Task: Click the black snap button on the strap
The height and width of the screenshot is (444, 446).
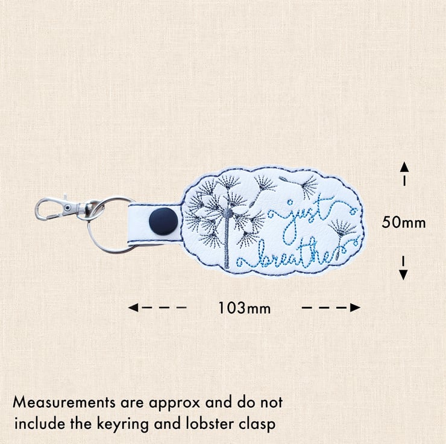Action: coord(163,221)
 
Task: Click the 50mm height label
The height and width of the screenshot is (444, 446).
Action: coord(404,222)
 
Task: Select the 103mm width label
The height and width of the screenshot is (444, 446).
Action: coord(244,308)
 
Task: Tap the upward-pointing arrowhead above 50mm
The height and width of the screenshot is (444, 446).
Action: coord(404,166)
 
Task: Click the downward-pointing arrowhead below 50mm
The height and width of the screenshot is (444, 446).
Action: coord(403,274)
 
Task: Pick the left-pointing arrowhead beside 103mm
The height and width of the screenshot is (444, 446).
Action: coord(133,308)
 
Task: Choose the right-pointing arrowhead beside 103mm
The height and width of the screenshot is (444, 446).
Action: coord(355,308)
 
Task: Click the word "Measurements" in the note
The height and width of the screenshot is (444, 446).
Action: coord(64,402)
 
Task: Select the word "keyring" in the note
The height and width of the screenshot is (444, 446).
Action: coord(123,425)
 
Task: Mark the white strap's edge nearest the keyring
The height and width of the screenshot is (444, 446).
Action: coord(128,224)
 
